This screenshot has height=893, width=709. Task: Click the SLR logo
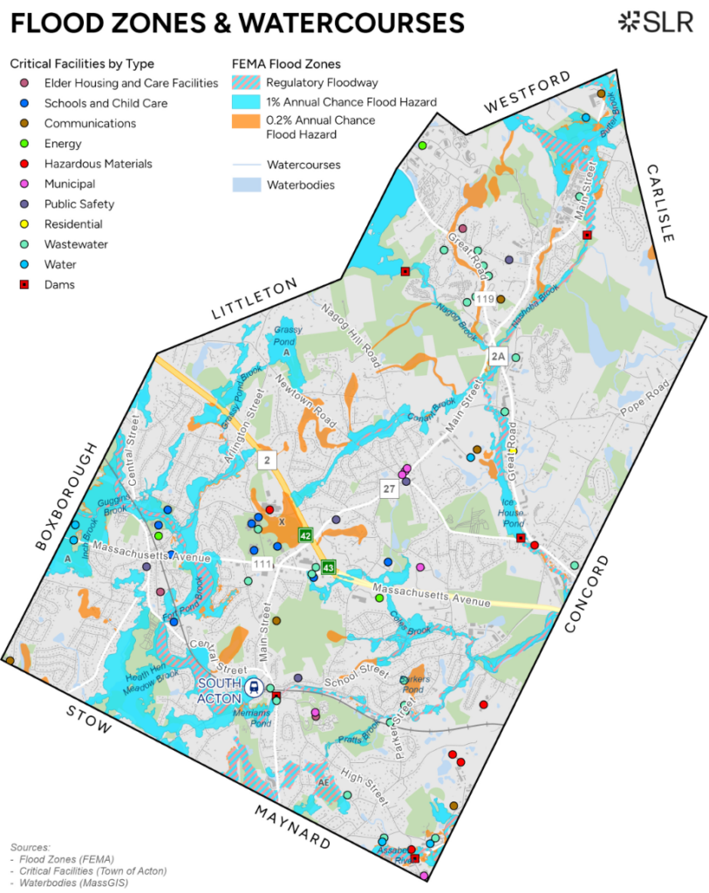point(655,22)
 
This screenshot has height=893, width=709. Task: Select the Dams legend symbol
point(25,285)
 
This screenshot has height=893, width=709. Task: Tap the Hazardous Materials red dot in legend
point(25,164)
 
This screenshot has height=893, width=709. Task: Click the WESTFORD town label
point(528,92)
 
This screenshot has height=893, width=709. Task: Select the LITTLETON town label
point(255,301)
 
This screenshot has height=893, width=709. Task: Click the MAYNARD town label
point(292,827)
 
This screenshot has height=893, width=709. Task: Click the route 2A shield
point(498,357)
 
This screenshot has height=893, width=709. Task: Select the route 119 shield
point(486,300)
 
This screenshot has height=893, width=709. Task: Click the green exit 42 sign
point(305,535)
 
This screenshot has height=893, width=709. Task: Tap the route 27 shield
point(389,489)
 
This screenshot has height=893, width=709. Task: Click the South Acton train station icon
point(254,686)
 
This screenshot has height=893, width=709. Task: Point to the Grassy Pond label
point(287,337)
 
